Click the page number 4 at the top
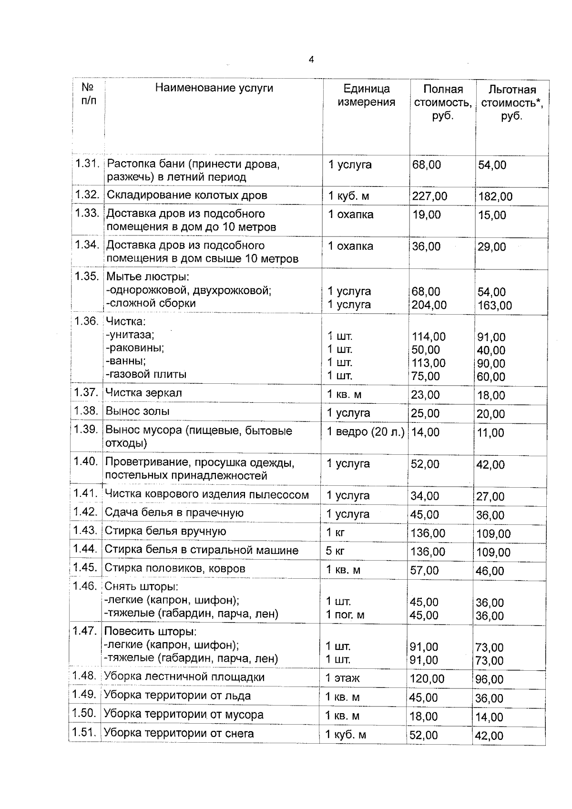(x=311, y=60)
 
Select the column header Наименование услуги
(x=214, y=88)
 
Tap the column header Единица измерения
(x=366, y=95)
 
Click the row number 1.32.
(x=87, y=195)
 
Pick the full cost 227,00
(x=429, y=196)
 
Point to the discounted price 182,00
(x=495, y=196)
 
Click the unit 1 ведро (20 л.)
(x=365, y=432)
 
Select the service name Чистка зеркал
(x=143, y=393)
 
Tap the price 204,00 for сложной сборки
(x=429, y=305)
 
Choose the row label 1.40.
(x=85, y=461)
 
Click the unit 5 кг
(x=335, y=551)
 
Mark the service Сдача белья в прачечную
(x=174, y=513)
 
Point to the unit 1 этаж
(x=342, y=678)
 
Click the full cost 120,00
(x=427, y=678)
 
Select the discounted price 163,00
(x=495, y=305)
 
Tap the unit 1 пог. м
(x=345, y=615)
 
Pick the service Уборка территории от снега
(x=179, y=733)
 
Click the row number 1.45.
(x=85, y=568)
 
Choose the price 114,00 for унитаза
(x=429, y=337)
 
